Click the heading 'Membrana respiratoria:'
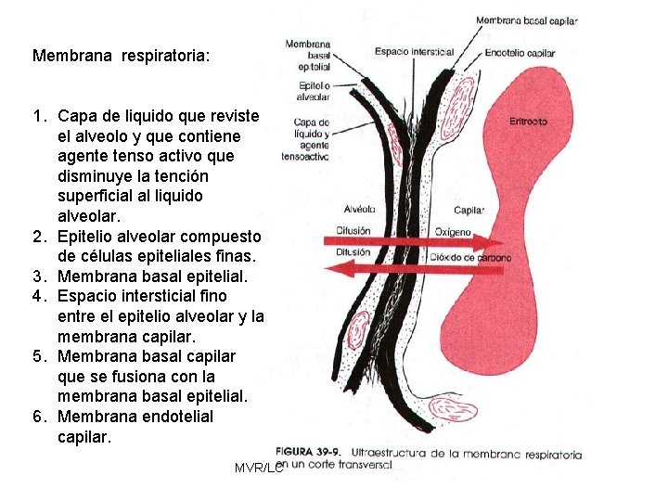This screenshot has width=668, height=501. click(x=122, y=56)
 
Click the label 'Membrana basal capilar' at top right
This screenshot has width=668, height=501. click(x=526, y=20)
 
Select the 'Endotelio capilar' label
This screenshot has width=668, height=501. click(x=520, y=53)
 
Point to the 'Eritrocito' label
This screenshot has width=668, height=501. click(x=528, y=122)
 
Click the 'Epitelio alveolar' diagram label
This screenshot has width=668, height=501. click(x=313, y=90)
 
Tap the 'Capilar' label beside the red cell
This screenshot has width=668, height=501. click(x=469, y=211)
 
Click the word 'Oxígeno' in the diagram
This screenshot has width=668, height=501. click(x=453, y=231)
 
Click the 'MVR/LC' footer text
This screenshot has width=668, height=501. click(x=258, y=469)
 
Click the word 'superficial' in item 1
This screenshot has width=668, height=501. click(x=96, y=196)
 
